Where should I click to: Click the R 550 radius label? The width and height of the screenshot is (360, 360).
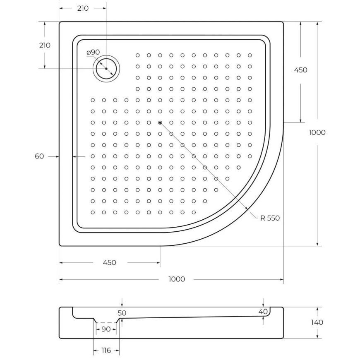click(x=270, y=218)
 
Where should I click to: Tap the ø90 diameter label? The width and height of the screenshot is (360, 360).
click(x=93, y=52)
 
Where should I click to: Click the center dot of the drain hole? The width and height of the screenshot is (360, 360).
click(x=106, y=68)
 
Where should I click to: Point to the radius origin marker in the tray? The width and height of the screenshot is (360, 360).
click(x=160, y=122)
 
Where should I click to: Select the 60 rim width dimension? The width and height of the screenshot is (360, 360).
click(x=39, y=156)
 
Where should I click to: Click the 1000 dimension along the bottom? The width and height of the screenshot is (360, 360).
click(x=177, y=279)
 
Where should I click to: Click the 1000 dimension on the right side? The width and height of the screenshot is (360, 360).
click(x=317, y=132)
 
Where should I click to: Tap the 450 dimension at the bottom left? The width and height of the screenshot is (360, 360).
click(x=109, y=262)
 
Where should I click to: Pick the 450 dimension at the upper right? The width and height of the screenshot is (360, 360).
click(x=300, y=70)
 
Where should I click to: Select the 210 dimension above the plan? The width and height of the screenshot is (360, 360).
click(x=83, y=8)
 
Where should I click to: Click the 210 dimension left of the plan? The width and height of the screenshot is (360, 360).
click(x=44, y=45)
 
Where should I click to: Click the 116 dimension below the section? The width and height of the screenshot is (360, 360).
click(x=106, y=350)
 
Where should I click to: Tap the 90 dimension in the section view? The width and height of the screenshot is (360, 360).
click(x=106, y=329)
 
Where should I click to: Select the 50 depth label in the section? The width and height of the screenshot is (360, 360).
click(x=122, y=313)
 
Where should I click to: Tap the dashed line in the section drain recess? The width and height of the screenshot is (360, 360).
click(x=106, y=322)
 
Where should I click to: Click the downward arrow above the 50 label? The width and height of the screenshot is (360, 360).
click(x=122, y=305)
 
